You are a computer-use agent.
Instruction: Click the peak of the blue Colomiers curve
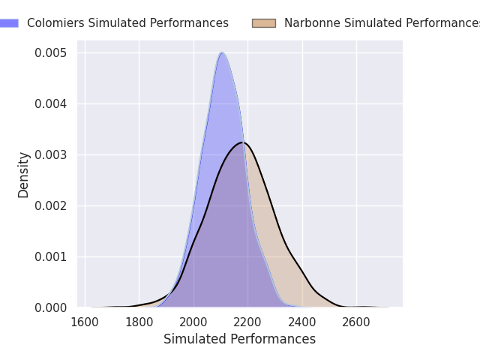click(222, 52)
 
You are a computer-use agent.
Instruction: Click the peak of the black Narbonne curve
click(243, 142)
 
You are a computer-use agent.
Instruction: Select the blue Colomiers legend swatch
click(9, 23)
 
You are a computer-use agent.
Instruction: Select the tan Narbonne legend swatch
click(264, 23)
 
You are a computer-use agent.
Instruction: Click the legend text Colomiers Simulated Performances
click(127, 23)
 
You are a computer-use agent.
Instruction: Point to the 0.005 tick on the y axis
click(50, 53)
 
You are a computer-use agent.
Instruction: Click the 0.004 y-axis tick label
click(50, 104)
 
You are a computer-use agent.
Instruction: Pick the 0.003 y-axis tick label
click(50, 155)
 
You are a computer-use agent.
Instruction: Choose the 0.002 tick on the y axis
click(50, 205)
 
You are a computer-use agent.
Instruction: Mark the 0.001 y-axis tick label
click(50, 256)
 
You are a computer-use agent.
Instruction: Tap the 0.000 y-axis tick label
click(50, 307)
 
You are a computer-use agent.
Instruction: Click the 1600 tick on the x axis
click(85, 322)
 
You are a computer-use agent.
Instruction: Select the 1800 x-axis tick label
click(139, 322)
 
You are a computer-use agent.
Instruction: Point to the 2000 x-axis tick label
click(193, 322)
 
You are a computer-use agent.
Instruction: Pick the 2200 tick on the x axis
click(247, 322)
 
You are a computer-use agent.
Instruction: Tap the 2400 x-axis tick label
click(302, 322)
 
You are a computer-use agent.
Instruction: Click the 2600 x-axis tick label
click(356, 322)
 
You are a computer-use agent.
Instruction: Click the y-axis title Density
click(23, 175)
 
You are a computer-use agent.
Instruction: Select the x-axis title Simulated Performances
click(240, 339)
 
